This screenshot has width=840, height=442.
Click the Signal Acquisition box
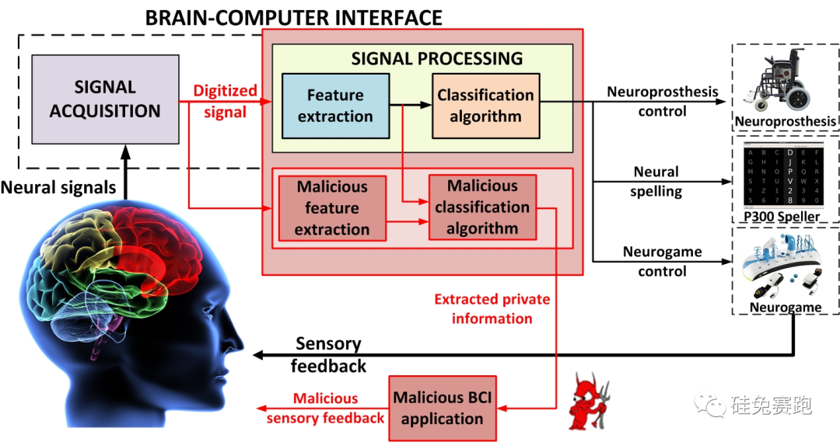point(105,99)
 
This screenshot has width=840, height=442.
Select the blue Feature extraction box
point(335,106)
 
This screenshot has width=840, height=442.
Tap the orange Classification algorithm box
point(485,106)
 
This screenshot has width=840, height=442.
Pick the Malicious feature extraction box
point(332,207)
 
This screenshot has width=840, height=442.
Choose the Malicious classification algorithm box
point(482,207)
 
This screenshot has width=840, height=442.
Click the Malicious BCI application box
point(442,407)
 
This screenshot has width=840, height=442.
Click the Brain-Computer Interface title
point(294,16)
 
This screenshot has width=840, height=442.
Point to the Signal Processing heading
point(437,58)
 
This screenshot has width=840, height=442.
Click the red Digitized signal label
point(225,102)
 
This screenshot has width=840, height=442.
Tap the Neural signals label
point(59,187)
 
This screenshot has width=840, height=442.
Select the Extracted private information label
point(492,308)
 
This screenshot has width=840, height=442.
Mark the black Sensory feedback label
point(328,354)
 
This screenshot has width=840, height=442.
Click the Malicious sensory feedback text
point(325,409)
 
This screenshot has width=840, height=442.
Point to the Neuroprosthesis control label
point(662,102)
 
